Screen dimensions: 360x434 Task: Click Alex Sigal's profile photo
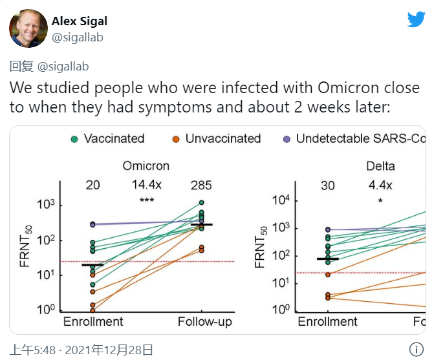click(28, 28)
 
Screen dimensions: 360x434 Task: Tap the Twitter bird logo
click(416, 19)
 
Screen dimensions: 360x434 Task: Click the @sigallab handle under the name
click(77, 37)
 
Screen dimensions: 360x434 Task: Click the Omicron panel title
click(146, 166)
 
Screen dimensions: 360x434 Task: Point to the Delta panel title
click(380, 166)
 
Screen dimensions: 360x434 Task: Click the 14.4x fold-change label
click(147, 185)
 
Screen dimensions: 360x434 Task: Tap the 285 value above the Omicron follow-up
click(201, 185)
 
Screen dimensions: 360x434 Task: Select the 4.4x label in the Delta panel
click(381, 185)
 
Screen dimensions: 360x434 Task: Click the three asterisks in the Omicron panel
click(147, 200)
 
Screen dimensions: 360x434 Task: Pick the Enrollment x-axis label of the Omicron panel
click(93, 321)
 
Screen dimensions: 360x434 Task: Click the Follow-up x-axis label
click(205, 321)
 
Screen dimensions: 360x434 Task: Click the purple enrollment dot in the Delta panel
click(328, 229)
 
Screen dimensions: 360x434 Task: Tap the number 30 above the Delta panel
click(327, 185)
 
